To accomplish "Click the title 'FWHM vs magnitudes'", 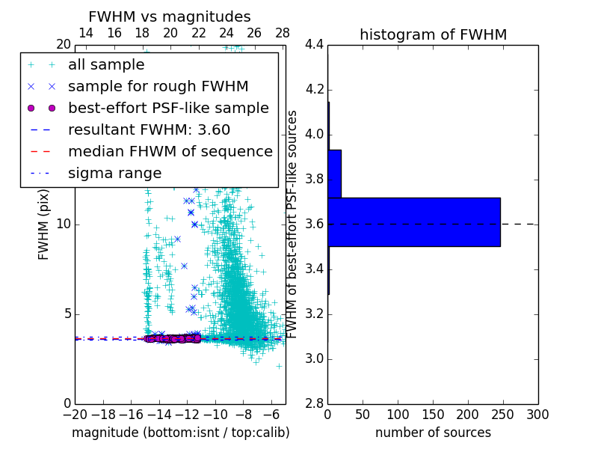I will coord(170,17).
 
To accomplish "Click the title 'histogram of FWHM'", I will coord(433,34).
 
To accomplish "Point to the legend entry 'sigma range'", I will coord(114,173).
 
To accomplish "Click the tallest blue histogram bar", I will coord(413,222).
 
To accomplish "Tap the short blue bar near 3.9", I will coord(334,174).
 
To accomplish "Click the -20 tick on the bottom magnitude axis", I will coord(75,414).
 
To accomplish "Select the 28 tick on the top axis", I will coord(283,33).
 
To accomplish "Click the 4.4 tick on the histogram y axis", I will coord(314,45).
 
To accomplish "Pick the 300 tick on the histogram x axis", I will coord(537,414).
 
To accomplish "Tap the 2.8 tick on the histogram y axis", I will coord(314,404).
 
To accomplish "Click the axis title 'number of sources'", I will coord(433,433).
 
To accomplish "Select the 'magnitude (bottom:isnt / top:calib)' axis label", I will coord(180,433).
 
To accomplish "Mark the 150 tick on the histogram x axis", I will coord(433,414).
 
